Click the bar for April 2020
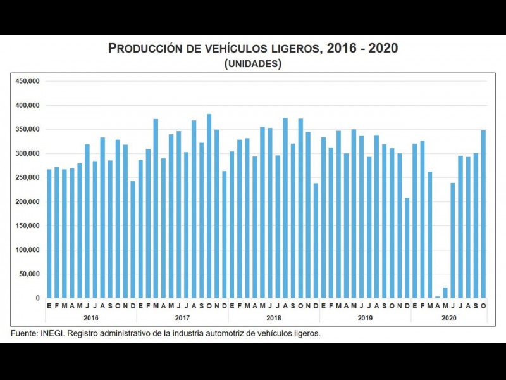[x=438, y=296]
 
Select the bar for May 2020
[x=445, y=293]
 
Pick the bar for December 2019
[x=407, y=248]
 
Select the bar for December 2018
[x=316, y=240]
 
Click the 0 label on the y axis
[x=38, y=298]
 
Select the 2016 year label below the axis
[x=91, y=317]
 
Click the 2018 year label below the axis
[x=274, y=317]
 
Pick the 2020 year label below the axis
[x=449, y=317]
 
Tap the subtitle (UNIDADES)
[x=253, y=64]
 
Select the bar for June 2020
[x=453, y=240]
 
